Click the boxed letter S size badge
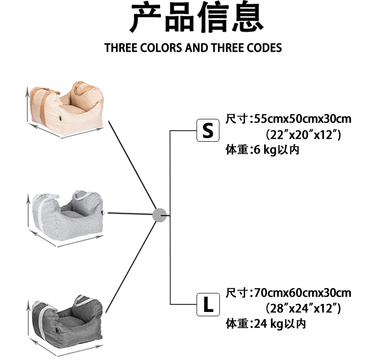click(x=208, y=131)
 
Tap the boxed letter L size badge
click(x=208, y=305)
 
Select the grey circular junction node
click(x=159, y=215)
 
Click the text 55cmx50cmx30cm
click(x=303, y=119)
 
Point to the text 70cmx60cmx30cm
click(x=303, y=292)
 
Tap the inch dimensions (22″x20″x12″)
click(x=303, y=135)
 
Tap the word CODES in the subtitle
click(x=264, y=48)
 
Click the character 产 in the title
click(x=146, y=18)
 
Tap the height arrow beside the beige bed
click(x=27, y=102)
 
